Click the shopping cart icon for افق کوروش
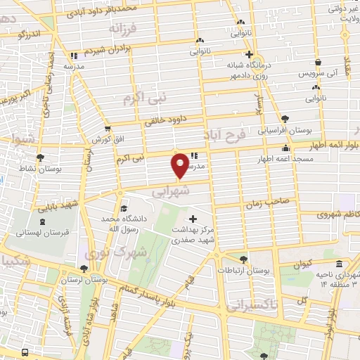[107, 129]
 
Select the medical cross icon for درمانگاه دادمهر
[248, 54]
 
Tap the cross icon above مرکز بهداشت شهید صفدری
[193, 219]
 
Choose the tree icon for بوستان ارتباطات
[244, 259]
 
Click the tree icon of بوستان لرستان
[84, 269]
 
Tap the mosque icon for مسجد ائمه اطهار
[285, 149]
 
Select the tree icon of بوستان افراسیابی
[285, 119]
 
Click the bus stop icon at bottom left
[25, 352]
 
